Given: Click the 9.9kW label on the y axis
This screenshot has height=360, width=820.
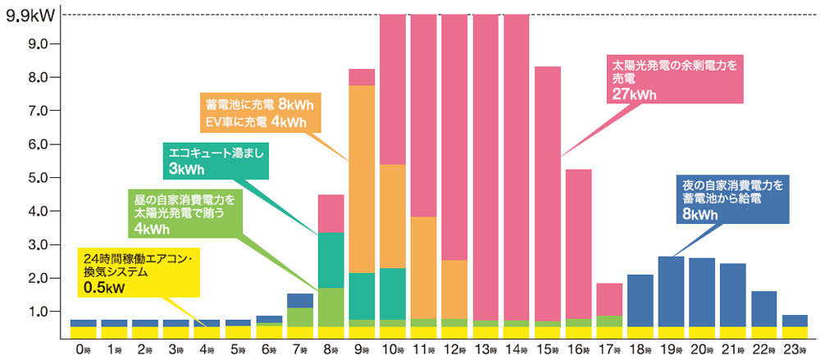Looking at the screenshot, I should click(x=27, y=14).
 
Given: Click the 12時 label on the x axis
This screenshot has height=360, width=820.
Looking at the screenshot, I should click(x=455, y=349).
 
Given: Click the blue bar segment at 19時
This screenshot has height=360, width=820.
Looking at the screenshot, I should click(x=671, y=291).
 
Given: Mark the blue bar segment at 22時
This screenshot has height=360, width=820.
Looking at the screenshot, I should click(x=764, y=308).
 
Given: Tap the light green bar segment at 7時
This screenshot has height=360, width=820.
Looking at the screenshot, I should click(x=299, y=317).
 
